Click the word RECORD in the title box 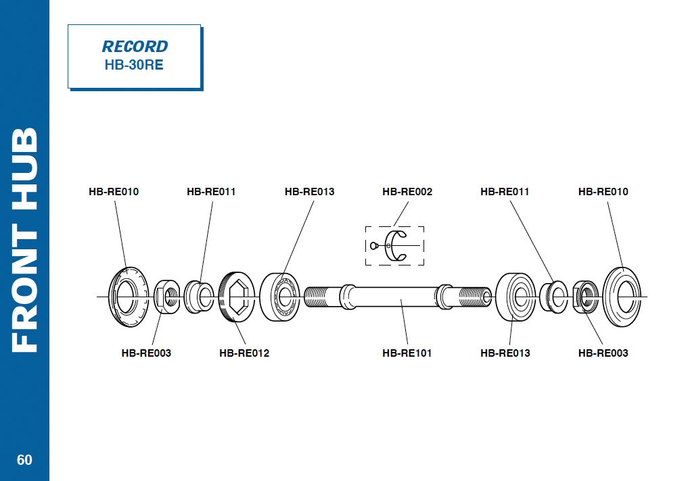[x=135, y=47]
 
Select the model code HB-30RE [x=134, y=66]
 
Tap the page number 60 [x=24, y=460]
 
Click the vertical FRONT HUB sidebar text [x=24, y=240]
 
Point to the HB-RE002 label [x=407, y=192]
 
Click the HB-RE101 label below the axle [x=407, y=353]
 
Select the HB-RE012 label [x=244, y=353]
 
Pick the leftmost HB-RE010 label [x=114, y=192]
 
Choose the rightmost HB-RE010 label [x=603, y=192]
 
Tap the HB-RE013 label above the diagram [x=309, y=192]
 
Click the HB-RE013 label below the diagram [x=505, y=353]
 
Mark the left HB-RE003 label [x=146, y=353]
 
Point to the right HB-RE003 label [x=603, y=353]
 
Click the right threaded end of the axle [x=474, y=297]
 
